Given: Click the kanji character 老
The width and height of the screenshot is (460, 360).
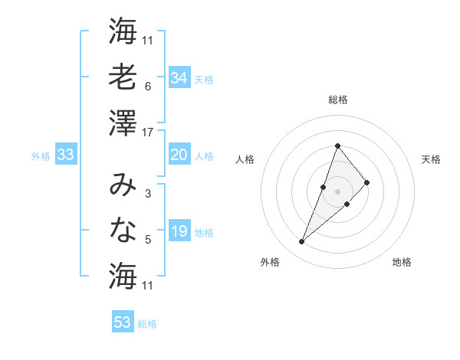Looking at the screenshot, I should pyautogui.click(x=123, y=77).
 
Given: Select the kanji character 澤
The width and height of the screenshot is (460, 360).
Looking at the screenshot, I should pyautogui.click(x=123, y=122).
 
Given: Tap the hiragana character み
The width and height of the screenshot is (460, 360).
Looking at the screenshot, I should pyautogui.click(x=123, y=183).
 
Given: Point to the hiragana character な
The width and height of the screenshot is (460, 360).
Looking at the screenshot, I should pyautogui.click(x=123, y=229).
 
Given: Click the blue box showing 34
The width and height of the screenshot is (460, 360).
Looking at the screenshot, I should pyautogui.click(x=179, y=77).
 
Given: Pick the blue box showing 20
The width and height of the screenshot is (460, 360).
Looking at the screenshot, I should pyautogui.click(x=179, y=155).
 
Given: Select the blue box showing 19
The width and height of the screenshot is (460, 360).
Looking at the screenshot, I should pyautogui.click(x=179, y=231).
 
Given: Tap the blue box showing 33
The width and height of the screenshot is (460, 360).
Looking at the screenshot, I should pyautogui.click(x=65, y=155).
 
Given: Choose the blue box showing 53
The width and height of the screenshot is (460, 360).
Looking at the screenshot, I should pyautogui.click(x=123, y=322).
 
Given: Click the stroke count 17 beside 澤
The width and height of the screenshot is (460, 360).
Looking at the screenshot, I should pyautogui.click(x=148, y=133).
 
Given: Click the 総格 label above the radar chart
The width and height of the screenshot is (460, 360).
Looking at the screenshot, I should pyautogui.click(x=337, y=100).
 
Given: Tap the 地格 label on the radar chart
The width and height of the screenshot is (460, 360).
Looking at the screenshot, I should pyautogui.click(x=402, y=262).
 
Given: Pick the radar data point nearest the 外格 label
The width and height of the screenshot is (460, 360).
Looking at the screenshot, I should pyautogui.click(x=302, y=242).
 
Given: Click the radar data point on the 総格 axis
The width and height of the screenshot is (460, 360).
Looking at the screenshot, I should pyautogui.click(x=337, y=146).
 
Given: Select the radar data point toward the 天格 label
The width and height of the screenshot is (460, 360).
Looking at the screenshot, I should pyautogui.click(x=367, y=182).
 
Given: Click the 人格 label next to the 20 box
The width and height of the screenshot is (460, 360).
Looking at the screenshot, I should pyautogui.click(x=204, y=155).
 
